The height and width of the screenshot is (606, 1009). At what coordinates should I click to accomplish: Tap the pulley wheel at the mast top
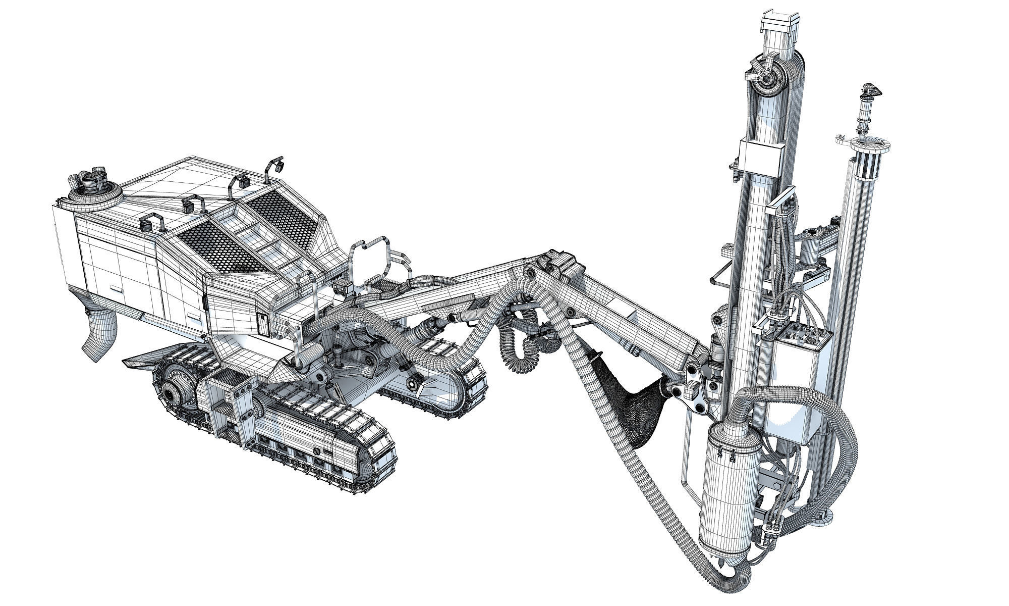coord(769,79)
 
